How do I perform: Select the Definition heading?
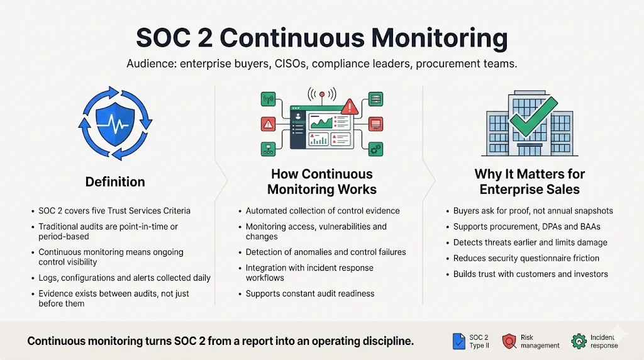[115, 182]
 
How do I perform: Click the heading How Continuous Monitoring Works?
[321, 181]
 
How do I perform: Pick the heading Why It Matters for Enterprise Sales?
[529, 181]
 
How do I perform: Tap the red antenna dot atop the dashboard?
[321, 94]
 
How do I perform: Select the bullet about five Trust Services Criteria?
[114, 211]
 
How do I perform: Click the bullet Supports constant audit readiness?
[309, 294]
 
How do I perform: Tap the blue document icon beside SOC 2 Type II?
[458, 341]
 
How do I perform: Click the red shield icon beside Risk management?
[509, 341]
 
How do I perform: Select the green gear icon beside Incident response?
[579, 341]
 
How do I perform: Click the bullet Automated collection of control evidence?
[322, 211]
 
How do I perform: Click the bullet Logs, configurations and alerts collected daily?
[124, 278]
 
